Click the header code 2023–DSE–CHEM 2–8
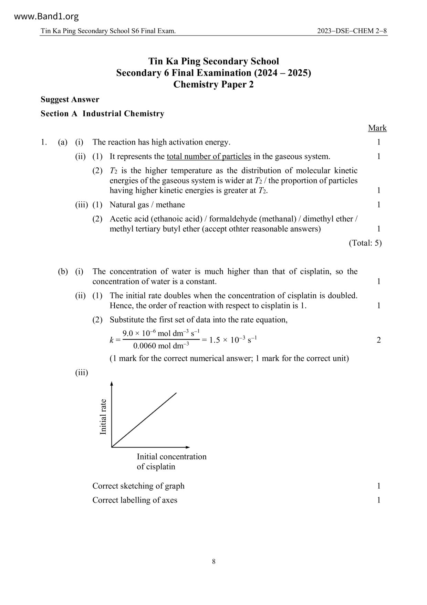pos(352,31)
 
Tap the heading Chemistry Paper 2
pos(213,85)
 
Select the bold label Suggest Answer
pos(70,100)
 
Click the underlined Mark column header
pos(377,128)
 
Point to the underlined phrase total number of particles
pos(209,157)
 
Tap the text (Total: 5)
pos(365,243)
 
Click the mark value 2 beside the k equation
pos(379,340)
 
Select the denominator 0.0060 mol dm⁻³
pos(161,346)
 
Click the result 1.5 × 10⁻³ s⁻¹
pos(233,340)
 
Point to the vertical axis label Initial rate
pos(103,417)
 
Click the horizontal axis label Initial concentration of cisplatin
pos(171,462)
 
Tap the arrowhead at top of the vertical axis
pos(112,383)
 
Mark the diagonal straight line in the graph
pos(144,420)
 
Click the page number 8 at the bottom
pos(213,562)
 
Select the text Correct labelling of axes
pos(135,500)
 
